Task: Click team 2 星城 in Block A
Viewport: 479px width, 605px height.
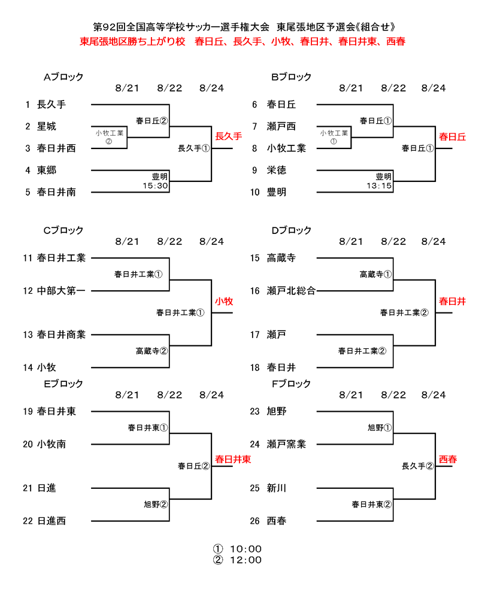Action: point(47,126)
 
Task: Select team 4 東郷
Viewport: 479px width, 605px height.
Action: point(47,170)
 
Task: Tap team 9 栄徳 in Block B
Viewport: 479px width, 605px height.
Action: point(277,170)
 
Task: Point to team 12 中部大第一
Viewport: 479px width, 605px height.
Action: point(61,291)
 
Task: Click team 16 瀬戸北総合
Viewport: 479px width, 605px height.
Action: point(291,291)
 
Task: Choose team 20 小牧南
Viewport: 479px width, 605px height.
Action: point(51,444)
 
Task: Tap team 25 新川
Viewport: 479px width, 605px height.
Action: point(277,488)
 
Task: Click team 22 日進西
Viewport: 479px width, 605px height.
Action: point(51,521)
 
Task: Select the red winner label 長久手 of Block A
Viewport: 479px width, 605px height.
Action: point(228,136)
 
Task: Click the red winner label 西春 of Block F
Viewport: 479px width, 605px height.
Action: point(447,460)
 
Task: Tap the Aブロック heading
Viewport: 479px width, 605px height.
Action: point(63,77)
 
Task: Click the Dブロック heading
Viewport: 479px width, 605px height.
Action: point(292,230)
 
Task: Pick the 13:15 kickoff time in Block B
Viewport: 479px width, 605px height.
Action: point(379,186)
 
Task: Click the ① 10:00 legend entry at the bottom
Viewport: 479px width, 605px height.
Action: point(238,549)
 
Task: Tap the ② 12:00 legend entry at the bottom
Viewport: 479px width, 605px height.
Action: point(238,560)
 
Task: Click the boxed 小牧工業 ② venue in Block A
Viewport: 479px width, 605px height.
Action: point(109,137)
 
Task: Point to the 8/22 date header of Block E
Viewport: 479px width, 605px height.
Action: point(169,395)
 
